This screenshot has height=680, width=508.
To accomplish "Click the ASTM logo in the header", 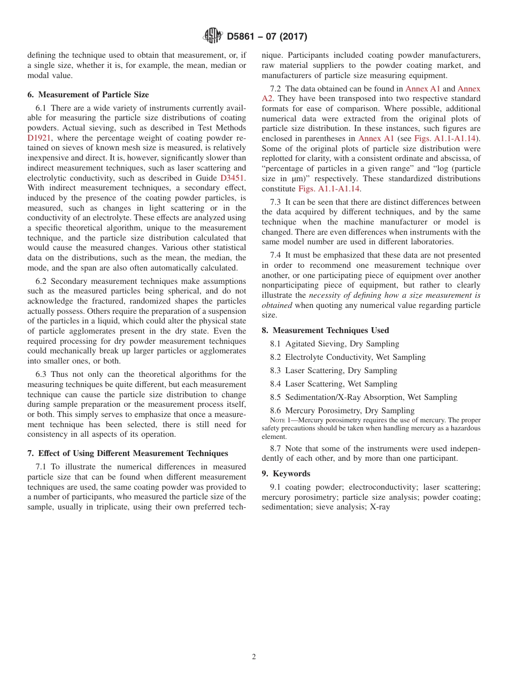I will [213, 36].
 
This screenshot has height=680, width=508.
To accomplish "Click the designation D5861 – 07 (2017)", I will [267, 37].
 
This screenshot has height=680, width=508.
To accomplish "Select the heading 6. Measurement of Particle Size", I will [88, 95].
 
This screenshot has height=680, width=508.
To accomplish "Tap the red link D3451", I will [233, 178].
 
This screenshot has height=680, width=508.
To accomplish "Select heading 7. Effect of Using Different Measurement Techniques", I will [127, 453].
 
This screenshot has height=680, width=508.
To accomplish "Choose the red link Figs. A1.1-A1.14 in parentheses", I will [445, 138].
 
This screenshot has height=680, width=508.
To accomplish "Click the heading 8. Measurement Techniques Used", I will [325, 330].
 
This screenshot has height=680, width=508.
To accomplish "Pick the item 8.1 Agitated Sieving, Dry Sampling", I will [334, 344].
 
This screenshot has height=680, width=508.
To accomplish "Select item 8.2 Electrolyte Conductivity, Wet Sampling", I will [348, 357].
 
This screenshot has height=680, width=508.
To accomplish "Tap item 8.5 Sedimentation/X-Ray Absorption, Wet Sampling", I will [364, 397].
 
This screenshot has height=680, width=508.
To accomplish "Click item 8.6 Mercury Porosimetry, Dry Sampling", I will [342, 411].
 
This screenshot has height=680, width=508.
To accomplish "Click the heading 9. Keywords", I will [286, 474].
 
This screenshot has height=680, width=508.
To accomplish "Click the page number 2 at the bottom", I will [254, 657].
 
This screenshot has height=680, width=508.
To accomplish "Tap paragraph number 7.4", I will [276, 255].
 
